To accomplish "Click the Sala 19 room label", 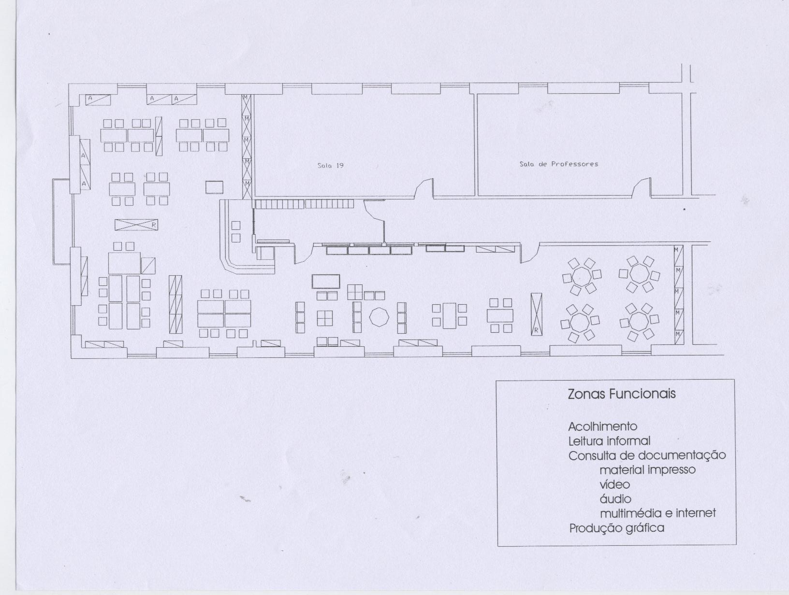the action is (330, 166).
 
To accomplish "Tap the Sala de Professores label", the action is (559, 164).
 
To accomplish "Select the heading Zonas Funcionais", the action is (622, 394).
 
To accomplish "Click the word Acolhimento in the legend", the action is (603, 426).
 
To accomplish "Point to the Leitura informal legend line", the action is (609, 441).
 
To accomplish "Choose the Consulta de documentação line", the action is (647, 456).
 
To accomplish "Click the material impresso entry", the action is (647, 470).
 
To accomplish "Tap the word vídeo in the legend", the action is (614, 484).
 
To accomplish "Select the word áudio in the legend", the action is (615, 499).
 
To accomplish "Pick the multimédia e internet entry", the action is (658, 513).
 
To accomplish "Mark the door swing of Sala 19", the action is (424, 187).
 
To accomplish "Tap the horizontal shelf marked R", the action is (136, 225).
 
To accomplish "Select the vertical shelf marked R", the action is (536, 314).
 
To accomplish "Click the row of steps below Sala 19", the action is (304, 204).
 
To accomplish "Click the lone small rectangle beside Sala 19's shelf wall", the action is (214, 187).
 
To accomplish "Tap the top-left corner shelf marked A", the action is (98, 99).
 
